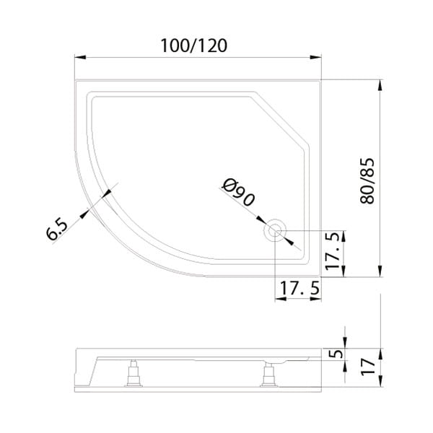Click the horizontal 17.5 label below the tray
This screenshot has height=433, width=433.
(299, 288)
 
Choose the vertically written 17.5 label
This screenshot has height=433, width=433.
(333, 252)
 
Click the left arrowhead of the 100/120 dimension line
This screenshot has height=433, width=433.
(79, 57)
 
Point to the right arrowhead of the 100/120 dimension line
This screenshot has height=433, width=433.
(318, 57)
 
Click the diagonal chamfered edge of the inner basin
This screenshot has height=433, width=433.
(281, 120)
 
